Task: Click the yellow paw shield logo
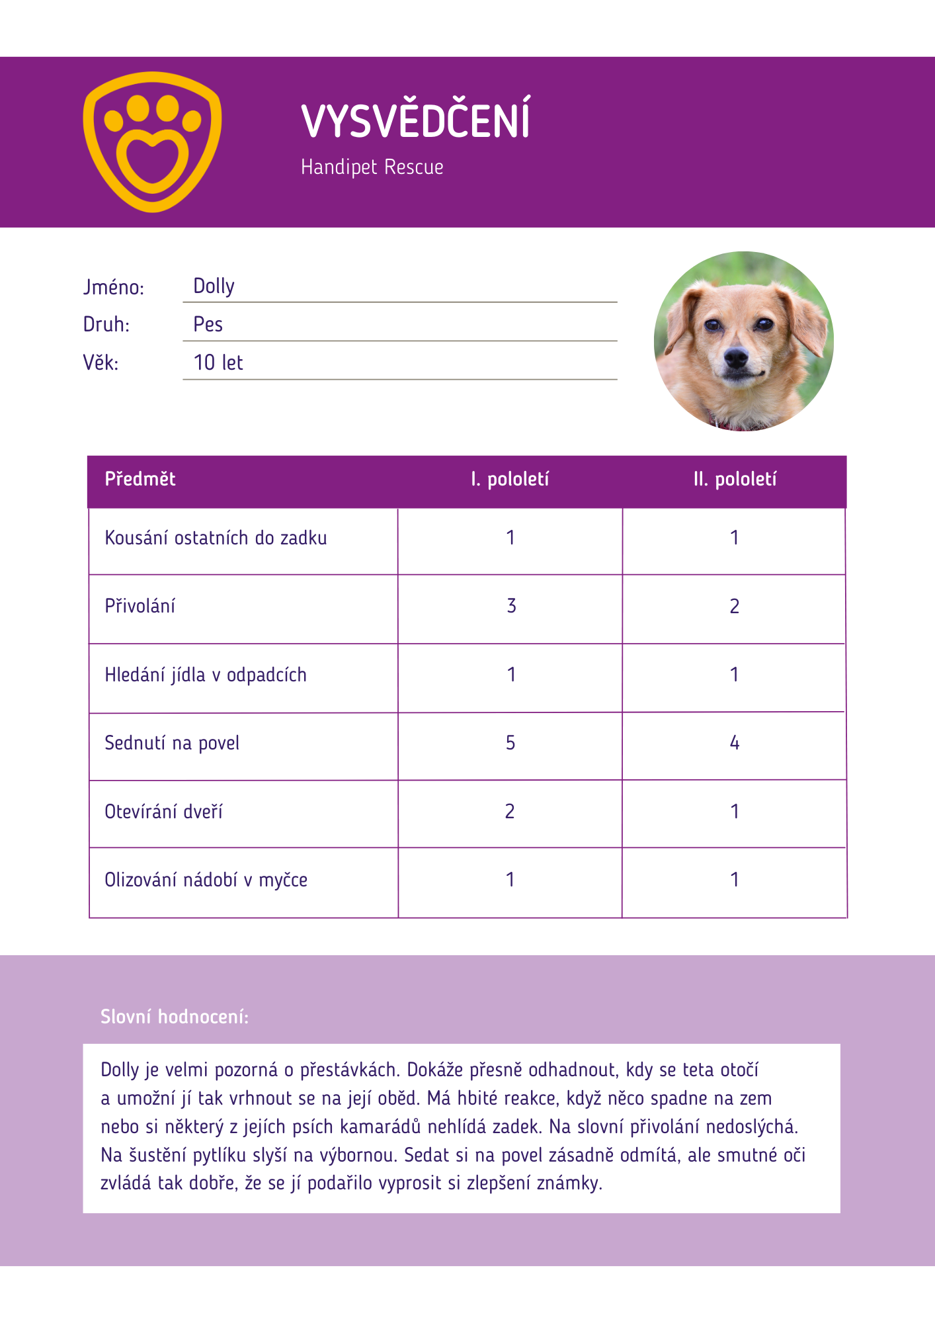click(x=152, y=142)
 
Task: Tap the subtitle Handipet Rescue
click(x=372, y=167)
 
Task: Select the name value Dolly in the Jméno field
click(x=214, y=286)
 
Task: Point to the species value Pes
click(x=208, y=325)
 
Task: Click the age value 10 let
click(x=218, y=363)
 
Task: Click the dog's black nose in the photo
click(x=735, y=358)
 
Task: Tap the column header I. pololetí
click(x=510, y=479)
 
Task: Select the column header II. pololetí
click(x=735, y=479)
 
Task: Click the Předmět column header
click(x=140, y=479)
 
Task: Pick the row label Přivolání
click(x=140, y=606)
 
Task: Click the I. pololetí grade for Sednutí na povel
click(x=510, y=743)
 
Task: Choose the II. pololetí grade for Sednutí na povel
click(x=735, y=743)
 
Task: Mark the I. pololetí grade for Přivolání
click(x=511, y=606)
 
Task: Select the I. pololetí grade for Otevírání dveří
click(x=510, y=812)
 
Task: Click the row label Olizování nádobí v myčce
click(x=206, y=880)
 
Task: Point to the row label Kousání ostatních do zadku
click(x=216, y=538)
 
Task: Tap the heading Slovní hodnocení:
click(x=175, y=1017)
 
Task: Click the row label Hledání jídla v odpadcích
click(x=206, y=675)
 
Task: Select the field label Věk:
click(x=101, y=363)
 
